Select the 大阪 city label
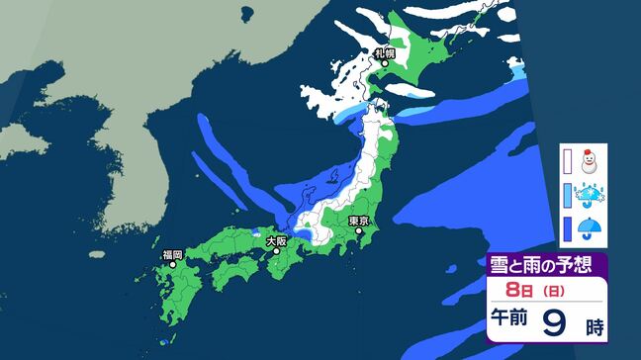pos(276,240)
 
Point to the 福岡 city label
pos(171,254)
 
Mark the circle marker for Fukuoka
pos(173,264)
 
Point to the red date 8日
pos(517,290)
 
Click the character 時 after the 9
pos(596,324)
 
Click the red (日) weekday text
pos(546,291)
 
